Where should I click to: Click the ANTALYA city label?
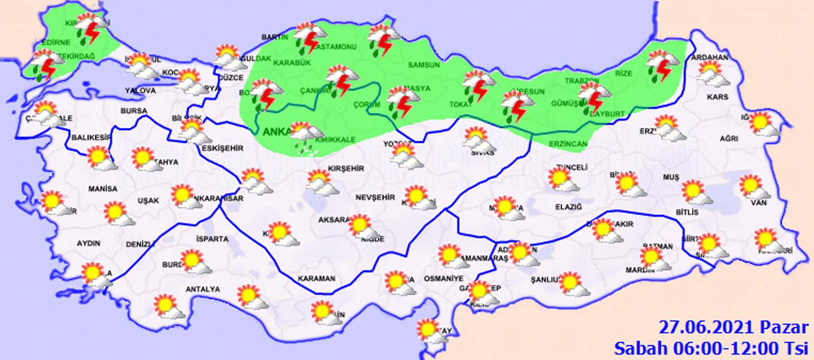[203, 290]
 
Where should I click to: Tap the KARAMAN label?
[316, 278]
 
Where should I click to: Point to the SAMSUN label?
[424, 65]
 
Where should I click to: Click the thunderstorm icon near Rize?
[663, 65]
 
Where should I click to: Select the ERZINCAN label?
[568, 144]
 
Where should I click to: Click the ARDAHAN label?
[710, 57]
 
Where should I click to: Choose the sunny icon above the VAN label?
[754, 187]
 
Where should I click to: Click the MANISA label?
[103, 189]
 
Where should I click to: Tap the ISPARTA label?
[212, 239]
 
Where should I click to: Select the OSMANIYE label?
[443, 278]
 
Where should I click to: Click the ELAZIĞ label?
[568, 207]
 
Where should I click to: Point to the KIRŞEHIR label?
[346, 169]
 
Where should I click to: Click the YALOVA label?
[140, 91]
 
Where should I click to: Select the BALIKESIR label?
[92, 137]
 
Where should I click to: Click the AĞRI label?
[729, 139]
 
